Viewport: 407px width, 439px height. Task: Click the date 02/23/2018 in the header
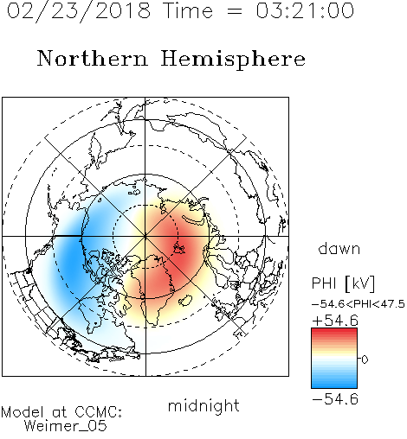coord(79,11)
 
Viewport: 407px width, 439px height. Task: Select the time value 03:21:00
coord(305,10)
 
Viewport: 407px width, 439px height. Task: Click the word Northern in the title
coord(93,58)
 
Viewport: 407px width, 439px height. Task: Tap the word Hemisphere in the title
coord(233,60)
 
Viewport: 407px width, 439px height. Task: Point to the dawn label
coord(339,248)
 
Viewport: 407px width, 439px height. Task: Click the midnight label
coord(203,406)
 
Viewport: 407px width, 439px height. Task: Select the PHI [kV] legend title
coord(343,283)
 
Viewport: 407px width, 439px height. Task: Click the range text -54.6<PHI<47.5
coord(359,304)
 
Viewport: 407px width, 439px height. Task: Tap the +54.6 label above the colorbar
coord(335,321)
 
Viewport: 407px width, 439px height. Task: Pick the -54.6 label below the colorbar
coord(335,399)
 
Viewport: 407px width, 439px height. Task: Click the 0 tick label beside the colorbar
coord(365,359)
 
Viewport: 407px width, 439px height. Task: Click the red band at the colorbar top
coord(334,332)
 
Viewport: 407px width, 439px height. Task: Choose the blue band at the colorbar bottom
coord(334,384)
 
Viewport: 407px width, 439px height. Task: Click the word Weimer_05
coord(66,425)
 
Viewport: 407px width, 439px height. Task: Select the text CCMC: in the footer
coord(99,412)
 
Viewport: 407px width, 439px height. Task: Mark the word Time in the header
coord(188,10)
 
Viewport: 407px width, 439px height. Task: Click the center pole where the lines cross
coord(145,236)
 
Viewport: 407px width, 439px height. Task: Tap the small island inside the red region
coord(179,248)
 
